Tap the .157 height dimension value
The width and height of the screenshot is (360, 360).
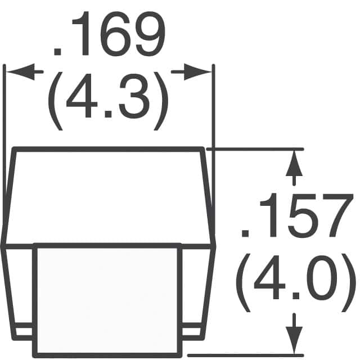coord(292,217)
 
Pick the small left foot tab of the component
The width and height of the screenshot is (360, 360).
coord(24,332)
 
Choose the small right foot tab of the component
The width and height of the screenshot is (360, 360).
coord(193,332)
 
